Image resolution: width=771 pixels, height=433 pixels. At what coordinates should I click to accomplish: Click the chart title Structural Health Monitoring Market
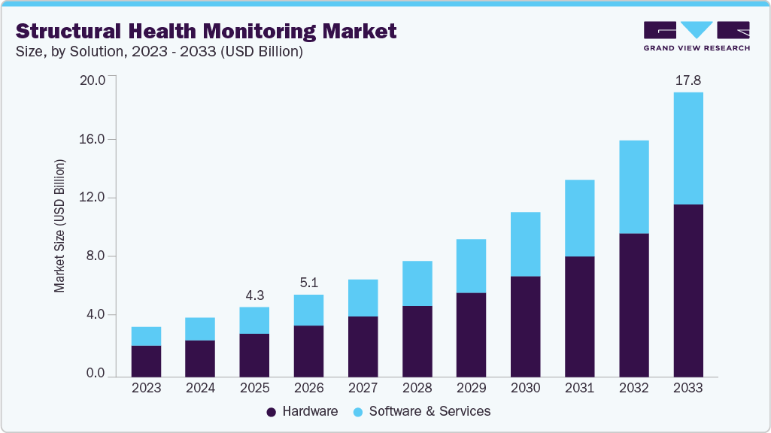(x=205, y=32)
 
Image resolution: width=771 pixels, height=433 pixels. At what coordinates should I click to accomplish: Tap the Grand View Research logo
(x=697, y=35)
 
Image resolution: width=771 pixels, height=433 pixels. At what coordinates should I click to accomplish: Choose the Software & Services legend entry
(x=420, y=411)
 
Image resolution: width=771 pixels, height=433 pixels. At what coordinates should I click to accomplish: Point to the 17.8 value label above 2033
(x=688, y=80)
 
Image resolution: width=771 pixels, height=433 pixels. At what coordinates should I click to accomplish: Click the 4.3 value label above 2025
(x=254, y=295)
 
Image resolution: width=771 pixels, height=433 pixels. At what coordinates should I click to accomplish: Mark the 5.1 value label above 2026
(x=308, y=283)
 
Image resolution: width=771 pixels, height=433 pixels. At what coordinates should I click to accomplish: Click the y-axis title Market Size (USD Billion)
(x=59, y=226)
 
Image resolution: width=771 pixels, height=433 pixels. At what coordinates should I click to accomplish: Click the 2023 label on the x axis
(x=146, y=388)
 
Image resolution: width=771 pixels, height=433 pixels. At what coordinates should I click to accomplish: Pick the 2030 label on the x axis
(x=525, y=388)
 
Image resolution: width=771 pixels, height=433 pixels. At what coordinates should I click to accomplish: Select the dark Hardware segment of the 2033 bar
(x=688, y=290)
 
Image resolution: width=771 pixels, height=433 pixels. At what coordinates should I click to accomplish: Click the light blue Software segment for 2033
(x=688, y=148)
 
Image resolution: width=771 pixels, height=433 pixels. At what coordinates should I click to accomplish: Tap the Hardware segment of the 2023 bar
(x=146, y=361)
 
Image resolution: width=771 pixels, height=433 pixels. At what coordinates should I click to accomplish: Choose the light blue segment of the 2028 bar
(x=417, y=283)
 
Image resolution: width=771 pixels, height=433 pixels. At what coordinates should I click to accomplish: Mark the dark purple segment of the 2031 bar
(x=579, y=316)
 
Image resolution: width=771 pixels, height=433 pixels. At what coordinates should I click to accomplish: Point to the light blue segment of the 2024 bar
(x=200, y=329)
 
